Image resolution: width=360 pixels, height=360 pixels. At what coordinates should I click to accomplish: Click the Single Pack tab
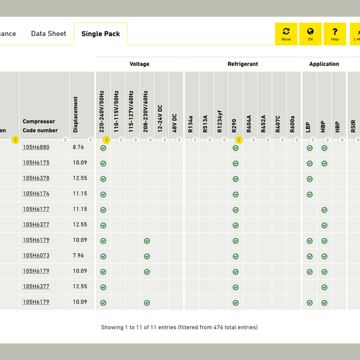(101, 34)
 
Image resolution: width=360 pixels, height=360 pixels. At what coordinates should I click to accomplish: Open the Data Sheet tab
(49, 34)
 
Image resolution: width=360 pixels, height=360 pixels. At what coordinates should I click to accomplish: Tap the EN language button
(310, 34)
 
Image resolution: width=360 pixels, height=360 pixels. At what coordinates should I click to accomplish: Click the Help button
(335, 34)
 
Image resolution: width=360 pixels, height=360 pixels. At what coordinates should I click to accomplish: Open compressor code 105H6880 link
(36, 147)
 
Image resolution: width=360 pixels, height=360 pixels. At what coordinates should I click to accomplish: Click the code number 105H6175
(36, 163)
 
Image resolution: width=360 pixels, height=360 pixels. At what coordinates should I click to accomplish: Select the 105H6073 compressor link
(36, 255)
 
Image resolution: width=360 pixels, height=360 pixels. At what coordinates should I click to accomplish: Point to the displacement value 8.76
(78, 147)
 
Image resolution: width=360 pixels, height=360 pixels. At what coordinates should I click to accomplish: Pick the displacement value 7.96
(78, 255)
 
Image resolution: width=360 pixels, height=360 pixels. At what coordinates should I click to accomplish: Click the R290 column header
(234, 126)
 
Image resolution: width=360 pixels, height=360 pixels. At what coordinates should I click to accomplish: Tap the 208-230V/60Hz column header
(145, 111)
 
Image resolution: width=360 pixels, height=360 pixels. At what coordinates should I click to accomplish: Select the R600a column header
(292, 124)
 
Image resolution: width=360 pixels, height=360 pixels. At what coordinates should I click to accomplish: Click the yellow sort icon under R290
(239, 140)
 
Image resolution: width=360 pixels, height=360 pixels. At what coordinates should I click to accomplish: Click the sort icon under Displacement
(91, 140)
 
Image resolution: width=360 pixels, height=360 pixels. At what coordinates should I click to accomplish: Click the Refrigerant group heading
(243, 64)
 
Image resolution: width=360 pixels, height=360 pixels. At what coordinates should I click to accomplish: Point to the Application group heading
(324, 64)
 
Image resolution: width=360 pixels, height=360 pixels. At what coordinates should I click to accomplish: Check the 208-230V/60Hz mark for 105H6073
(147, 257)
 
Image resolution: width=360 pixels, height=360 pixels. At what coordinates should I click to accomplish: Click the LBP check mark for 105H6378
(309, 179)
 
